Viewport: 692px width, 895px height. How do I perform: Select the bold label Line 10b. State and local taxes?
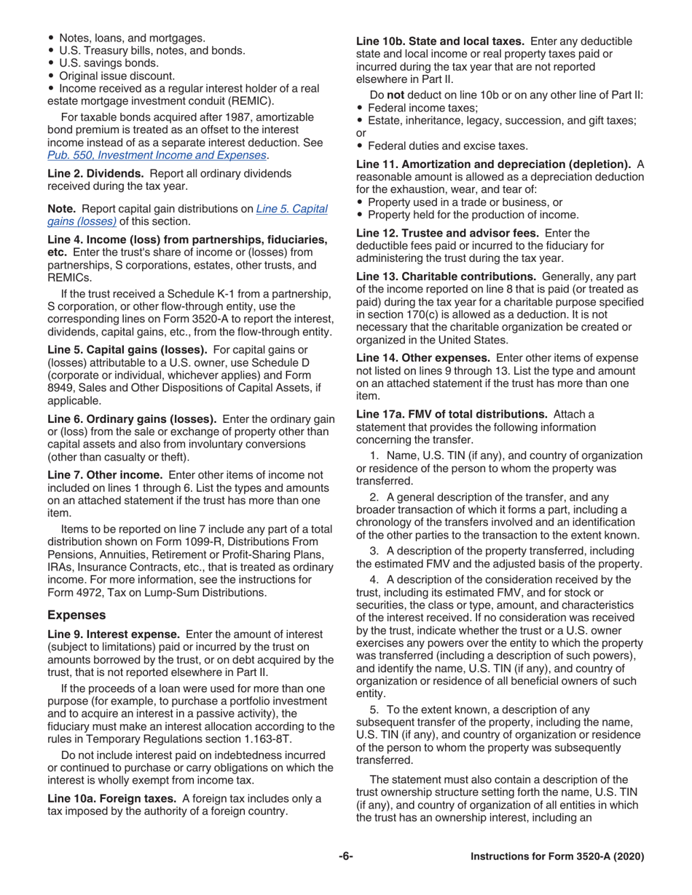click(439, 41)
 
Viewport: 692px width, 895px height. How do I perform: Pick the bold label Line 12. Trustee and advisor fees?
click(447, 233)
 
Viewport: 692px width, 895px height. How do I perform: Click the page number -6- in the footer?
click(345, 857)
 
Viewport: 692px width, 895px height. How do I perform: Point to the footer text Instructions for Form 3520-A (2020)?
click(557, 857)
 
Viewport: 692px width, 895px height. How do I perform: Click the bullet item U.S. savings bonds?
click(109, 63)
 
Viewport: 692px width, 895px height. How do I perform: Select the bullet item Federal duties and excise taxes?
click(448, 145)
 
